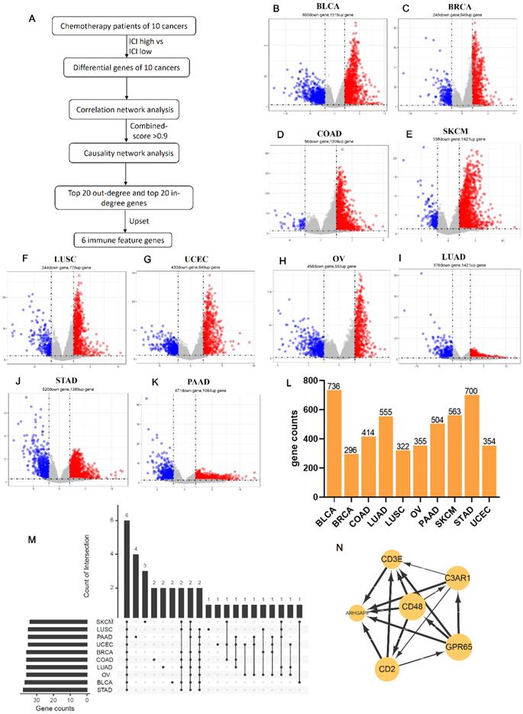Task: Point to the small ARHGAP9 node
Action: click(359, 612)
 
